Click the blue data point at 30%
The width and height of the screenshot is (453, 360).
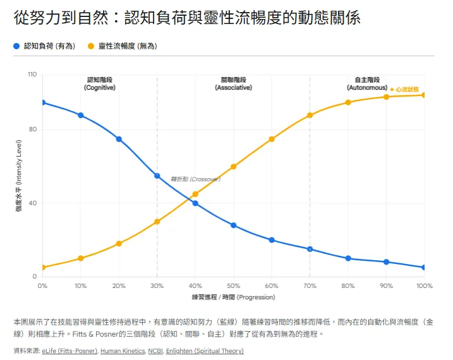(157, 176)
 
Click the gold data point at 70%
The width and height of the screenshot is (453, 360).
(310, 115)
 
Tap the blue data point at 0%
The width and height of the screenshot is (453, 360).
(42, 102)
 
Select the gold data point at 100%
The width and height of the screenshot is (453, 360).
(424, 95)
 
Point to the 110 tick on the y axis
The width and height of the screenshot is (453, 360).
(32, 75)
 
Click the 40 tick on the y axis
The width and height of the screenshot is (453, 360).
(33, 203)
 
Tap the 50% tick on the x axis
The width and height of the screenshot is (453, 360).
(233, 286)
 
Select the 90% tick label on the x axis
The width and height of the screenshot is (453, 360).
(386, 286)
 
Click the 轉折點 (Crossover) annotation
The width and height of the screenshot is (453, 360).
(195, 179)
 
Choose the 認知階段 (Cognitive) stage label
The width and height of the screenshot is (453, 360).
(100, 83)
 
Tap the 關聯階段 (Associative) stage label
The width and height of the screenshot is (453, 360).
(233, 83)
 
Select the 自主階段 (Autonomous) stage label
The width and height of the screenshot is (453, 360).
(367, 83)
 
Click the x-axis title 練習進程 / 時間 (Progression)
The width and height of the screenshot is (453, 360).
(233, 297)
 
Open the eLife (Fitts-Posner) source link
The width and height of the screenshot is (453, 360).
(69, 351)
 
